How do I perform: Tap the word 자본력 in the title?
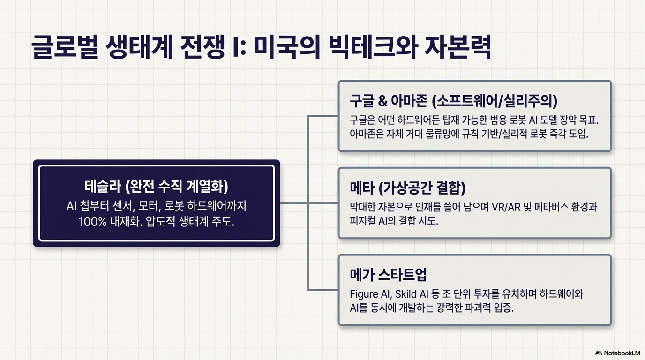click(x=457, y=47)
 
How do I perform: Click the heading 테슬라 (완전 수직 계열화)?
click(x=157, y=187)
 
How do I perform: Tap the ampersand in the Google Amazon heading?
click(x=382, y=101)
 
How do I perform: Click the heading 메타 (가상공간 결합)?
click(x=407, y=187)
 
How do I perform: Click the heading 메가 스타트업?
click(x=388, y=275)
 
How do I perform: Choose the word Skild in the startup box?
click(x=406, y=294)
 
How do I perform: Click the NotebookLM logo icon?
click(x=599, y=353)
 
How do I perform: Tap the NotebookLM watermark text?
click(x=622, y=353)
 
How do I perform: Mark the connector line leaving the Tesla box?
click(x=294, y=203)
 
